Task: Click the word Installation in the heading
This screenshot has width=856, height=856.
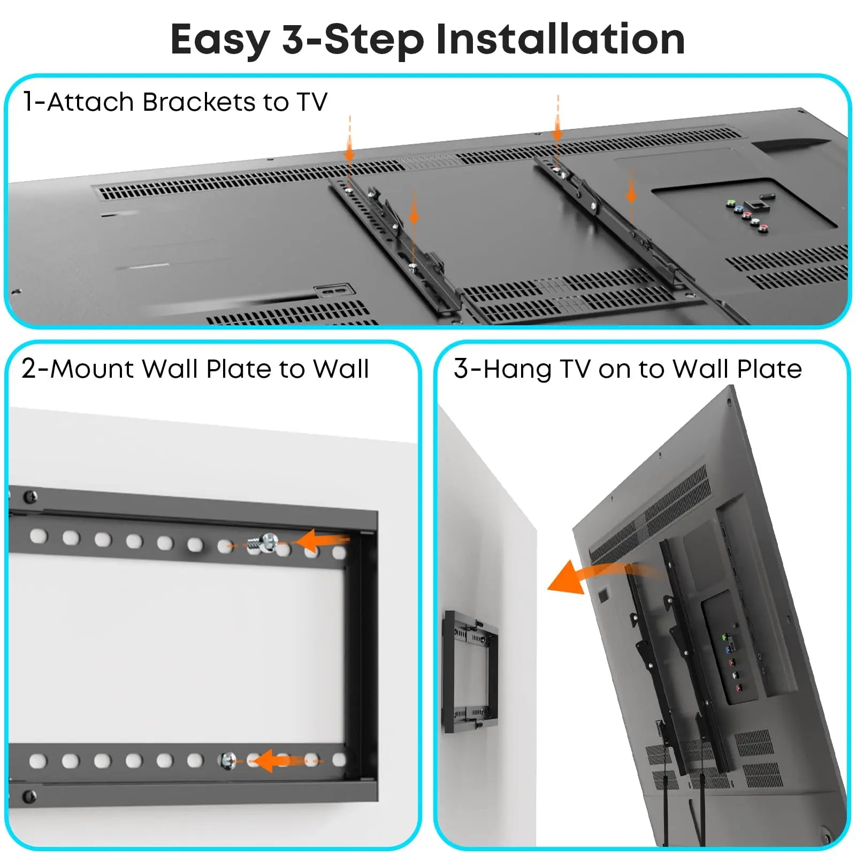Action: click(x=560, y=40)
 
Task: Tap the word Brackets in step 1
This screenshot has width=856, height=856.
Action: click(x=199, y=102)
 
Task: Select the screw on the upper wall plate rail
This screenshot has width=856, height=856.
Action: click(x=267, y=542)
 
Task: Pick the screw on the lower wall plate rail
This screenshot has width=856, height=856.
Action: click(x=228, y=760)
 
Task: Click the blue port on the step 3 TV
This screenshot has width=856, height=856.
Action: click(x=727, y=649)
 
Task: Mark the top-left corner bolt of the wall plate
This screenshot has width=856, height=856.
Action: click(x=29, y=497)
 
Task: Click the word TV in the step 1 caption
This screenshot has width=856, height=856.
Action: click(x=312, y=102)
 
